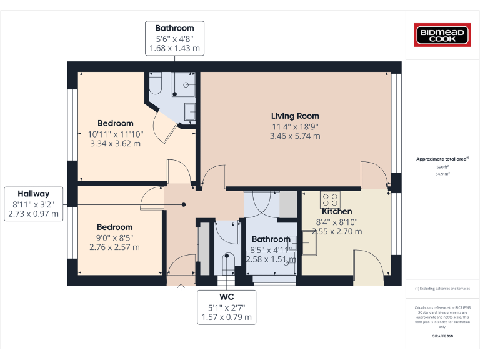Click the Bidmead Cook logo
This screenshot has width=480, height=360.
(x=442, y=35)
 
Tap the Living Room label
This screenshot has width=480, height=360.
(x=295, y=116)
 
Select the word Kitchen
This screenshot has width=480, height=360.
(x=337, y=211)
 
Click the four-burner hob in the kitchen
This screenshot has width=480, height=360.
(x=331, y=199)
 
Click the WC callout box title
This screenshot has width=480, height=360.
(x=226, y=296)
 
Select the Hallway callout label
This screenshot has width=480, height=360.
(x=33, y=193)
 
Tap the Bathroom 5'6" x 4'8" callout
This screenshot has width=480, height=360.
(x=174, y=38)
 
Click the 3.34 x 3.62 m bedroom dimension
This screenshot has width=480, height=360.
(x=115, y=143)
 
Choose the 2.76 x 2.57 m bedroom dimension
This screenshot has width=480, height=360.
(x=115, y=247)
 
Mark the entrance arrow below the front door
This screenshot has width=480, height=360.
(x=182, y=287)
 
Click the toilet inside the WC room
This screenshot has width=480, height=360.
(x=227, y=261)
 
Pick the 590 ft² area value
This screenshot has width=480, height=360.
(x=442, y=167)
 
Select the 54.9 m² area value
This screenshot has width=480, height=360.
(x=442, y=174)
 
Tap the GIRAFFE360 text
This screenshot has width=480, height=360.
(x=442, y=337)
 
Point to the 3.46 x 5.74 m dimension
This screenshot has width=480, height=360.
(x=295, y=136)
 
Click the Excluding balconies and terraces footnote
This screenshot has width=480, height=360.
(x=442, y=289)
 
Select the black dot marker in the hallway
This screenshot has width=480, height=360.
(x=184, y=204)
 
